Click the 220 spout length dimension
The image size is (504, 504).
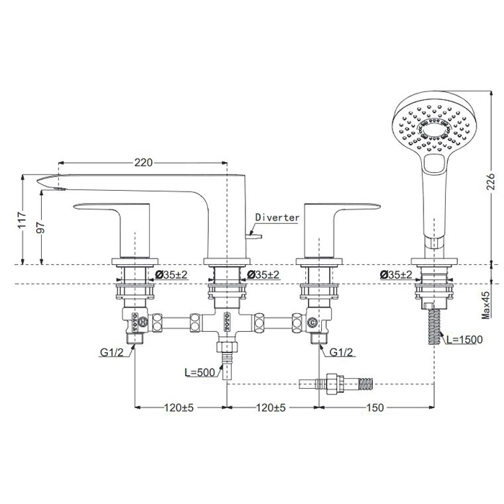143,163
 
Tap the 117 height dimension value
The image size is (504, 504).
22,220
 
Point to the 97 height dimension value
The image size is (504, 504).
41,228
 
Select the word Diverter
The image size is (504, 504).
277,217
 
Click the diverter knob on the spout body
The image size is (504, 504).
254,237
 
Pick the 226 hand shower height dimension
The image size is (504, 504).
490,182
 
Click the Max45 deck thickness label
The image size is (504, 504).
486,305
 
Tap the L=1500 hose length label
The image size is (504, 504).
464,339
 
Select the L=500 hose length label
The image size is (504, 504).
199,372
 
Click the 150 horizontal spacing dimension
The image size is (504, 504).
375,408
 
